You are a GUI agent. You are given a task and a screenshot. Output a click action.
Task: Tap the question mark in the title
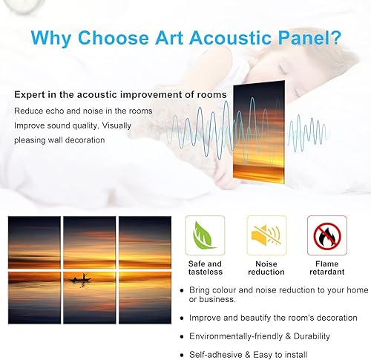(x=337, y=37)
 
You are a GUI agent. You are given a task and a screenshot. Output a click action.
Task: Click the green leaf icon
(x=204, y=236)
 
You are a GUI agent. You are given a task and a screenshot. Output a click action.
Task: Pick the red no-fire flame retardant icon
(x=326, y=236)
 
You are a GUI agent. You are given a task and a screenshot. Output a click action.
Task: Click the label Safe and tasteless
(x=205, y=268)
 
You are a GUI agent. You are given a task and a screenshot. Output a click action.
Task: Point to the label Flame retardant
(x=327, y=268)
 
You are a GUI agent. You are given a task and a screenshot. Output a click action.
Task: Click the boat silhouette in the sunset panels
(x=82, y=278)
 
